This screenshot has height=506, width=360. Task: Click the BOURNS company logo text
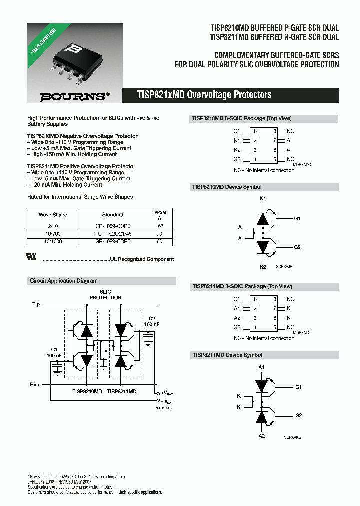pyautogui.click(x=72, y=96)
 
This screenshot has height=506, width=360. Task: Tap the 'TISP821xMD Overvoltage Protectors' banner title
pyautogui.click(x=204, y=95)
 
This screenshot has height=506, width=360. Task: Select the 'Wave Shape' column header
pyautogui.click(x=53, y=214)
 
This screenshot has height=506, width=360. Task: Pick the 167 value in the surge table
pyautogui.click(x=160, y=226)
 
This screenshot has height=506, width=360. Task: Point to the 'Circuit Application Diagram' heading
pyautogui.click(x=64, y=281)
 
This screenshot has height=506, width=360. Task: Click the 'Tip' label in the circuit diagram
pyautogui.click(x=36, y=304)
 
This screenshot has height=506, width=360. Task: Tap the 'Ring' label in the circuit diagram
pyautogui.click(x=36, y=385)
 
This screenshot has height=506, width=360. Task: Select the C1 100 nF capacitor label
pyautogui.click(x=54, y=352)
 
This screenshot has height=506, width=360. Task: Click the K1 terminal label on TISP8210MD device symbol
pyautogui.click(x=263, y=198)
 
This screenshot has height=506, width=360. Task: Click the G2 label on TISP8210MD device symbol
pyautogui.click(x=297, y=247)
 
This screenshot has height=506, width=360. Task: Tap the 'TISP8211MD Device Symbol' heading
pyautogui.click(x=227, y=355)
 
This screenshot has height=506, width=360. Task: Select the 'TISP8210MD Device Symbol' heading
pyautogui.click(x=227, y=187)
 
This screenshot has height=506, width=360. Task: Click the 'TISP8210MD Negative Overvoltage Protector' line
pyautogui.click(x=82, y=136)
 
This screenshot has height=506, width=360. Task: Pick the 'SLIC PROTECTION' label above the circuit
pyautogui.click(x=105, y=295)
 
